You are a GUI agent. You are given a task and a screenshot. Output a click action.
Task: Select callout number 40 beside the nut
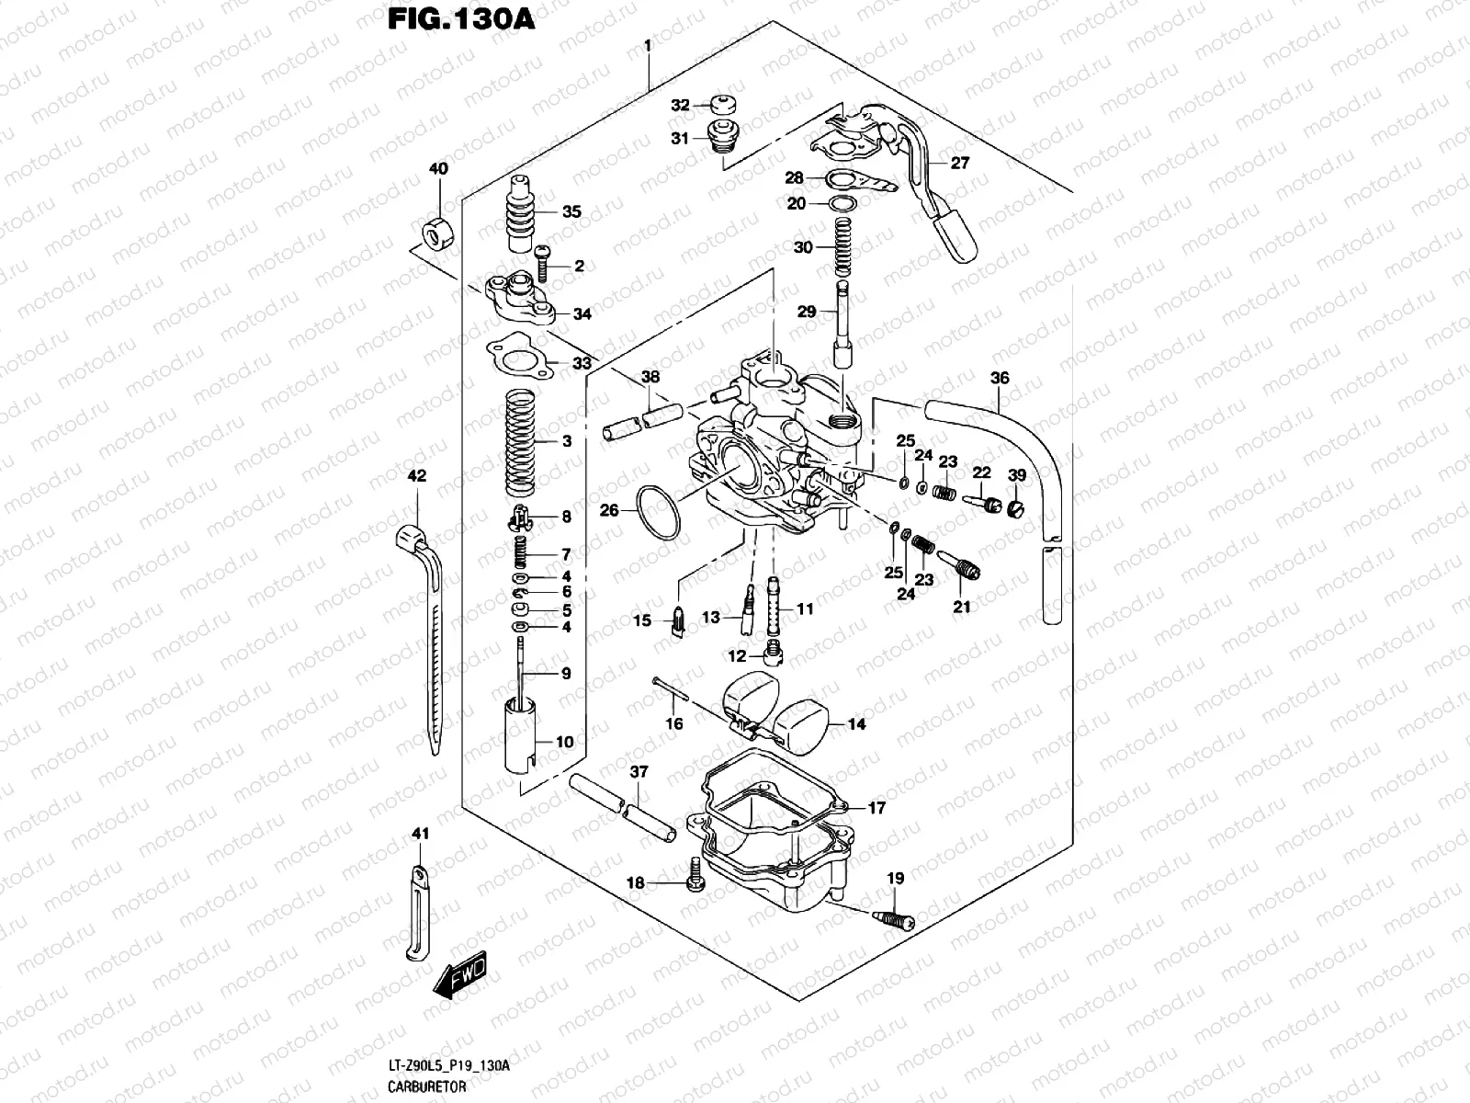(x=438, y=169)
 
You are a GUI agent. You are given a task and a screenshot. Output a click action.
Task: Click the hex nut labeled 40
(x=437, y=234)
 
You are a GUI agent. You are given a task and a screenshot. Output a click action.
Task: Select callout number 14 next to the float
(x=856, y=724)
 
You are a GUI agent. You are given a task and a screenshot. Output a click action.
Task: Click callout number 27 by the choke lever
(x=960, y=164)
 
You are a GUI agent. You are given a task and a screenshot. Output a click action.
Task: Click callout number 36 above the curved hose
(x=1000, y=378)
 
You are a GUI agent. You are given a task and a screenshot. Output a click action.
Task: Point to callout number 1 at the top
(x=648, y=45)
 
